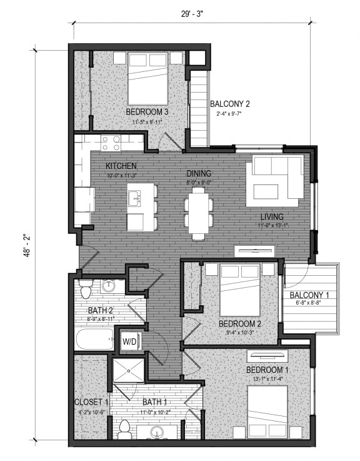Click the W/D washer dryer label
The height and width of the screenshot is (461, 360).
[129, 342]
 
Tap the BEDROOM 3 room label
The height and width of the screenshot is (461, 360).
[147, 112]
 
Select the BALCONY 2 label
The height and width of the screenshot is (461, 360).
[230, 104]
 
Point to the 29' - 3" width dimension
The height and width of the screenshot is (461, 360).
[192, 12]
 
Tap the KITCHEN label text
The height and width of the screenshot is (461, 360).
[121, 166]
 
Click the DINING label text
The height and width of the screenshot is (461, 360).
[199, 173]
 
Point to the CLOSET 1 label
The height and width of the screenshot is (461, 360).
[92, 402]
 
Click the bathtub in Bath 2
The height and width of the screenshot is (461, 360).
[94, 340]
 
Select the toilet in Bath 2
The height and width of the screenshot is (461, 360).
[86, 289]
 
